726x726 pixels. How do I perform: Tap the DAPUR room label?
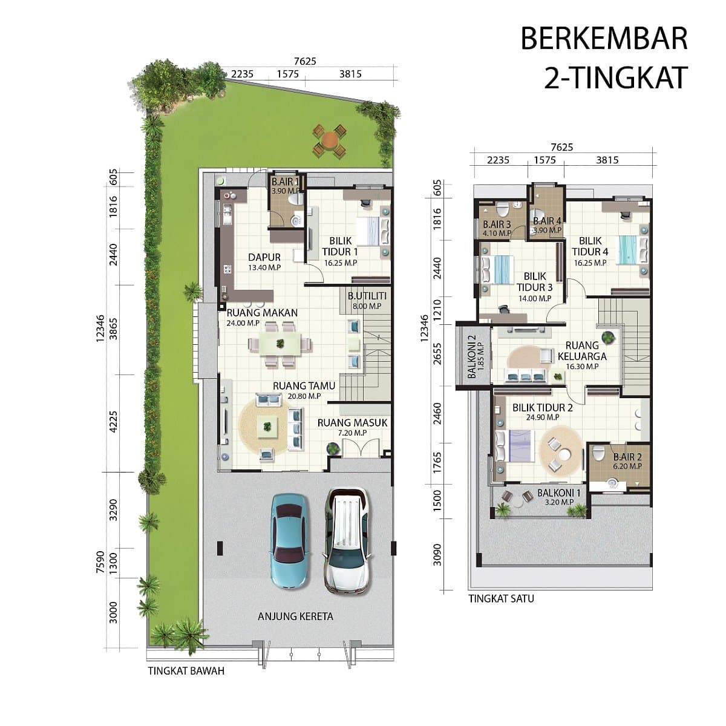pos(264,257)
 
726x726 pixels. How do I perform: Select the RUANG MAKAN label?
pos(262,313)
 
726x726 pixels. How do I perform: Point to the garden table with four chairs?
pos(329,141)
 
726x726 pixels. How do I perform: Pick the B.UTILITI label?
pos(367,296)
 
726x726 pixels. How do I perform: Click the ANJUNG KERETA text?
pos(295,616)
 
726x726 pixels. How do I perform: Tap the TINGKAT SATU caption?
pos(501,599)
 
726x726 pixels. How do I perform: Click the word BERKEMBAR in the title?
pos(604,39)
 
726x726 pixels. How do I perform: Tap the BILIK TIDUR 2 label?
pos(543,408)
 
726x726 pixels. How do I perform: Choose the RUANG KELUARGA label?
pos(582,351)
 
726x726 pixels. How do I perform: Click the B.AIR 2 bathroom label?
pos(627,457)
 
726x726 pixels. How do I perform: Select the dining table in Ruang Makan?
pos(280,344)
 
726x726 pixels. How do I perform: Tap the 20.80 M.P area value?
pos(304,396)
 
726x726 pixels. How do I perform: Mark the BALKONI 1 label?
pos(559,493)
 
